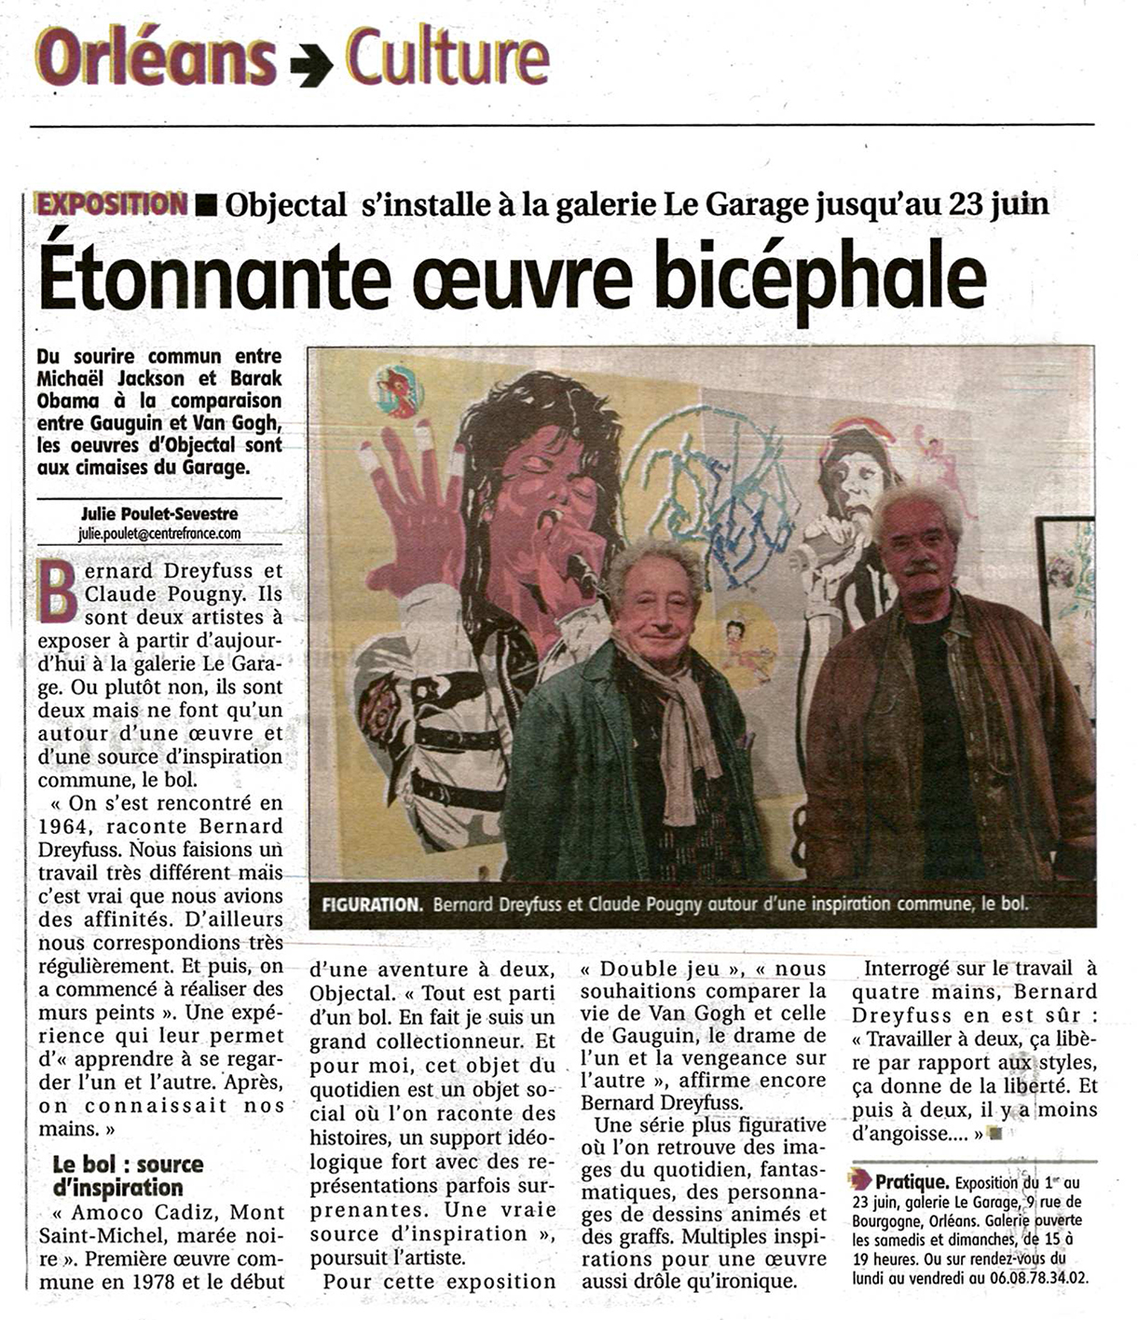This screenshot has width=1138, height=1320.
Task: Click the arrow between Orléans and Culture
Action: click(x=310, y=63)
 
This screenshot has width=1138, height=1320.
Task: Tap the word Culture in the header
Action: click(x=446, y=56)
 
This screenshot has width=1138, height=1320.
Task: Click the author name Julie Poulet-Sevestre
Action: click(x=159, y=513)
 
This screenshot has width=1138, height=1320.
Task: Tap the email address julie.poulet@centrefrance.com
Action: click(x=159, y=534)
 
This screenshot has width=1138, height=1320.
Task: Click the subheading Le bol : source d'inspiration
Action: click(x=128, y=1176)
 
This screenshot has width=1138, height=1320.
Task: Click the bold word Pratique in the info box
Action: click(x=912, y=1182)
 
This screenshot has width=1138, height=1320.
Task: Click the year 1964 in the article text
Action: click(x=63, y=826)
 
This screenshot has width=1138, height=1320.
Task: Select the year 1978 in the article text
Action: click(x=148, y=1282)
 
